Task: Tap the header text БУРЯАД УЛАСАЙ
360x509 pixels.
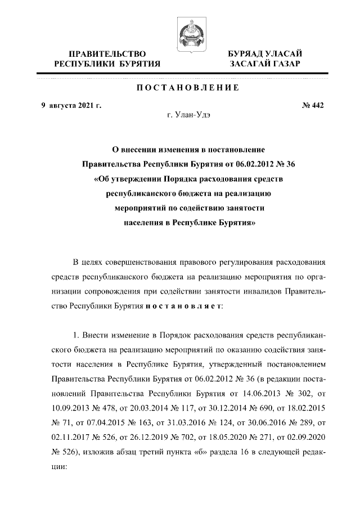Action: click(264, 53)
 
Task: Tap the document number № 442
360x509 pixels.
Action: click(313, 105)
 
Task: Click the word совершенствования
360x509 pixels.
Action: click(142, 263)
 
